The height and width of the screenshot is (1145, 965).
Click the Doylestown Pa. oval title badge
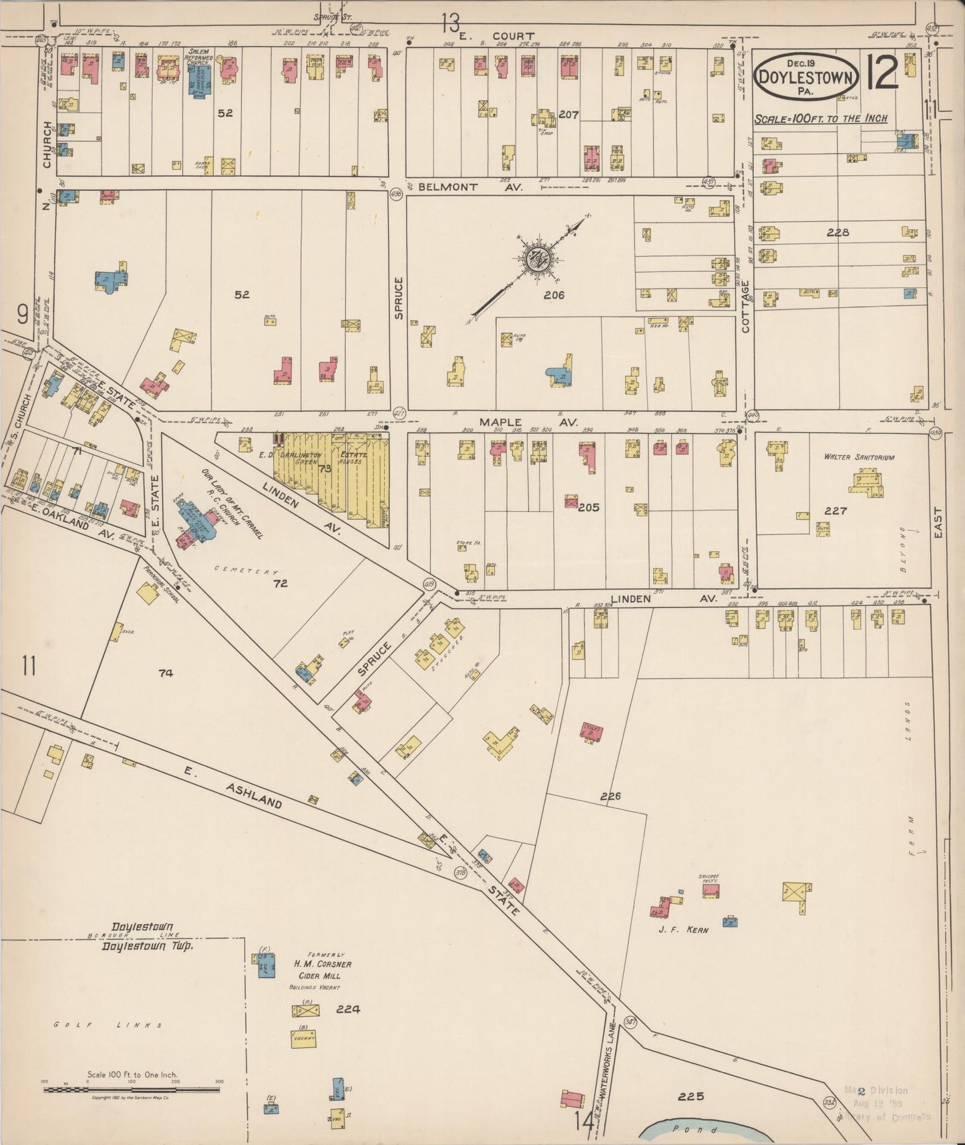pos(806,77)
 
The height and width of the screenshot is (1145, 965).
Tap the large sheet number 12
pos(883,73)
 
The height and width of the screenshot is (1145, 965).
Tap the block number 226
pos(610,796)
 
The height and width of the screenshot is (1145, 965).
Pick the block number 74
pos(166,673)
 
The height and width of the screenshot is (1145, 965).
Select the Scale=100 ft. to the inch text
pos(821,118)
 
